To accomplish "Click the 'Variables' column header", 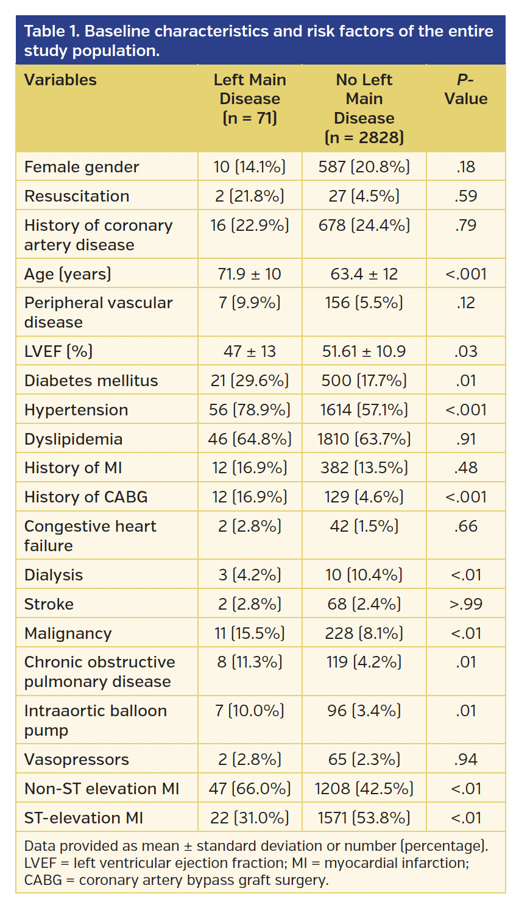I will click(x=60, y=80).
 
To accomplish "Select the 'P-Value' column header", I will click(x=465, y=90).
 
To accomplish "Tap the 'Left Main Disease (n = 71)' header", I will click(x=250, y=99).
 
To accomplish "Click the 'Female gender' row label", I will click(x=82, y=167).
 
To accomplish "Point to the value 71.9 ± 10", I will click(x=250, y=274).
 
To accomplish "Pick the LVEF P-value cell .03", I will click(x=465, y=351).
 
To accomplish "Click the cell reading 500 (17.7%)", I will click(x=364, y=381).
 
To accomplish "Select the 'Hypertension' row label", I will click(x=76, y=410).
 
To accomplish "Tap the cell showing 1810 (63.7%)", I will click(x=364, y=439).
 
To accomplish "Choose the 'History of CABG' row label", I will click(x=86, y=497).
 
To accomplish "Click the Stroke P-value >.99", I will click(x=465, y=604).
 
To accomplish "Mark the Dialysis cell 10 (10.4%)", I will click(x=364, y=575).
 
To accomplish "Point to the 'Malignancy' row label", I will click(x=68, y=633).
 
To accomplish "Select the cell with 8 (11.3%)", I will click(x=250, y=662).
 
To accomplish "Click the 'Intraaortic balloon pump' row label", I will click(x=95, y=720).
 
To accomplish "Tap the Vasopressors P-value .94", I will click(x=465, y=759).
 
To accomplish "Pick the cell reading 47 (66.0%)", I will click(x=250, y=789).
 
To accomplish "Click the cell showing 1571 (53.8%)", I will click(x=364, y=818).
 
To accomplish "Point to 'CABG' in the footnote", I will click(x=43, y=880).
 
